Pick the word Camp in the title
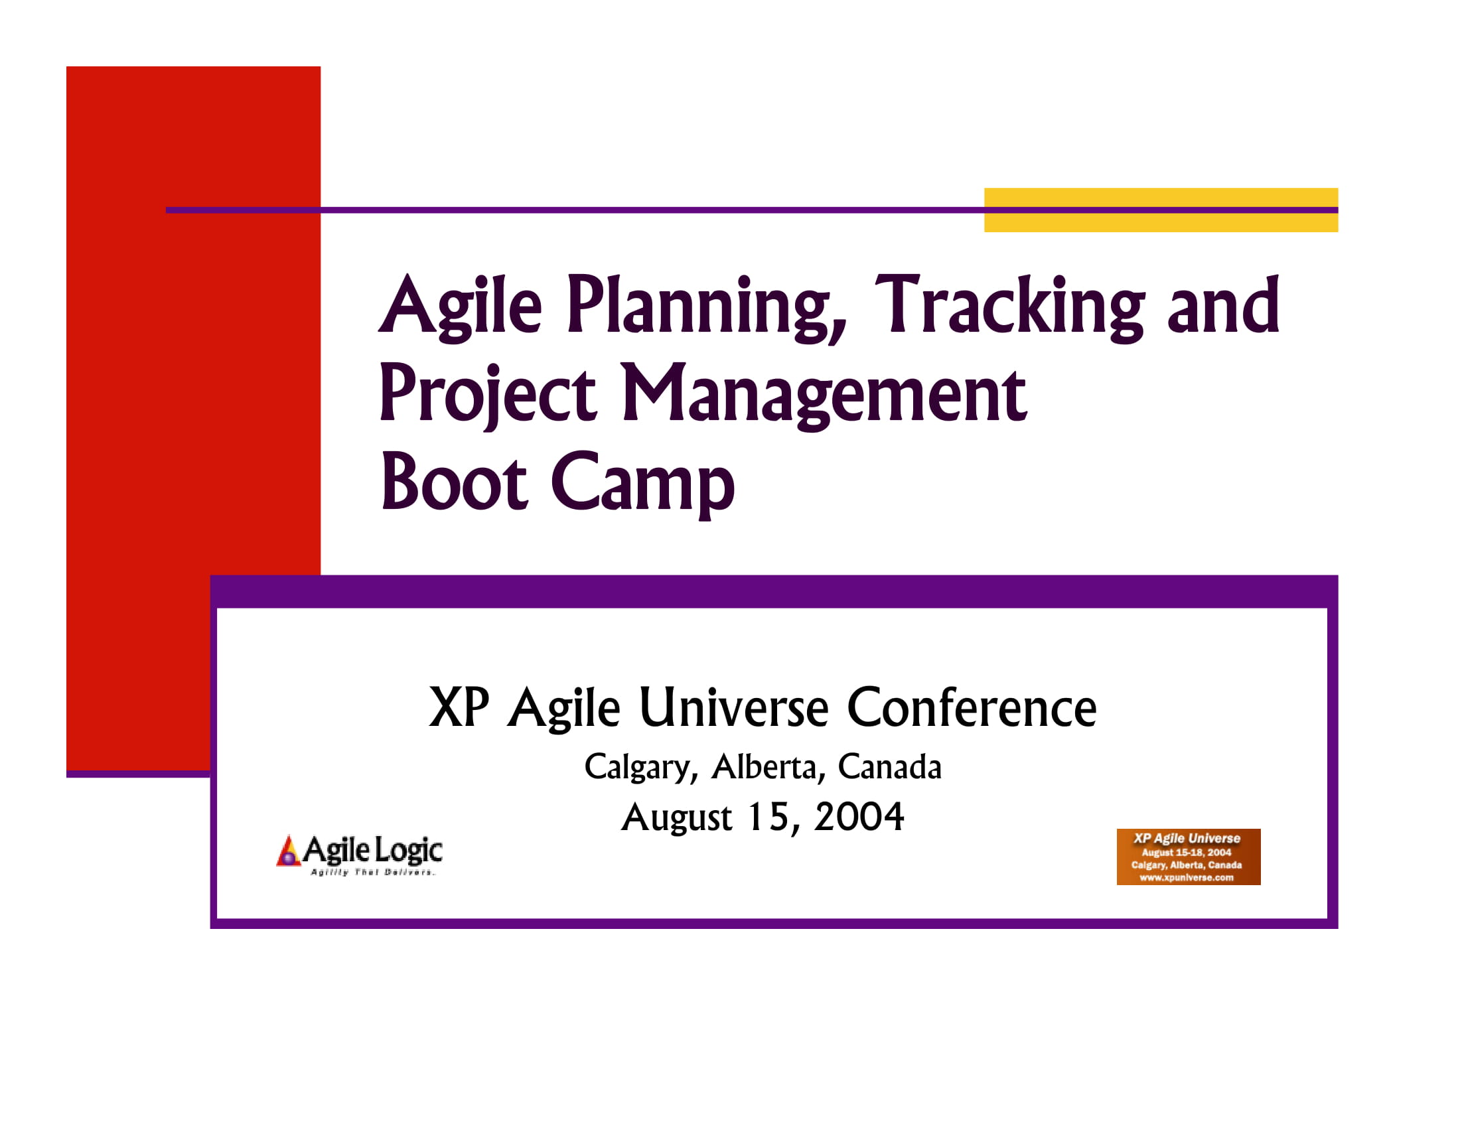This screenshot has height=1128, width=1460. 642,482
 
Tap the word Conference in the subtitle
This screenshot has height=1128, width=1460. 972,708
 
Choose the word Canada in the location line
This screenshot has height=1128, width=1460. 889,767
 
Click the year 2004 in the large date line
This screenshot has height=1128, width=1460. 858,817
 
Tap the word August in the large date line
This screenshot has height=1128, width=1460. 676,817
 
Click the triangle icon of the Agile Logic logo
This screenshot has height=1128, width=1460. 288,851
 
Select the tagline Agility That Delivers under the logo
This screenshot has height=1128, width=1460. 372,872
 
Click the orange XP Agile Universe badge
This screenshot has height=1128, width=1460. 1188,857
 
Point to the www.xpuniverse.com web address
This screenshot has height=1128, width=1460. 1187,877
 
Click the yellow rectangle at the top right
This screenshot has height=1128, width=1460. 1161,198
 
